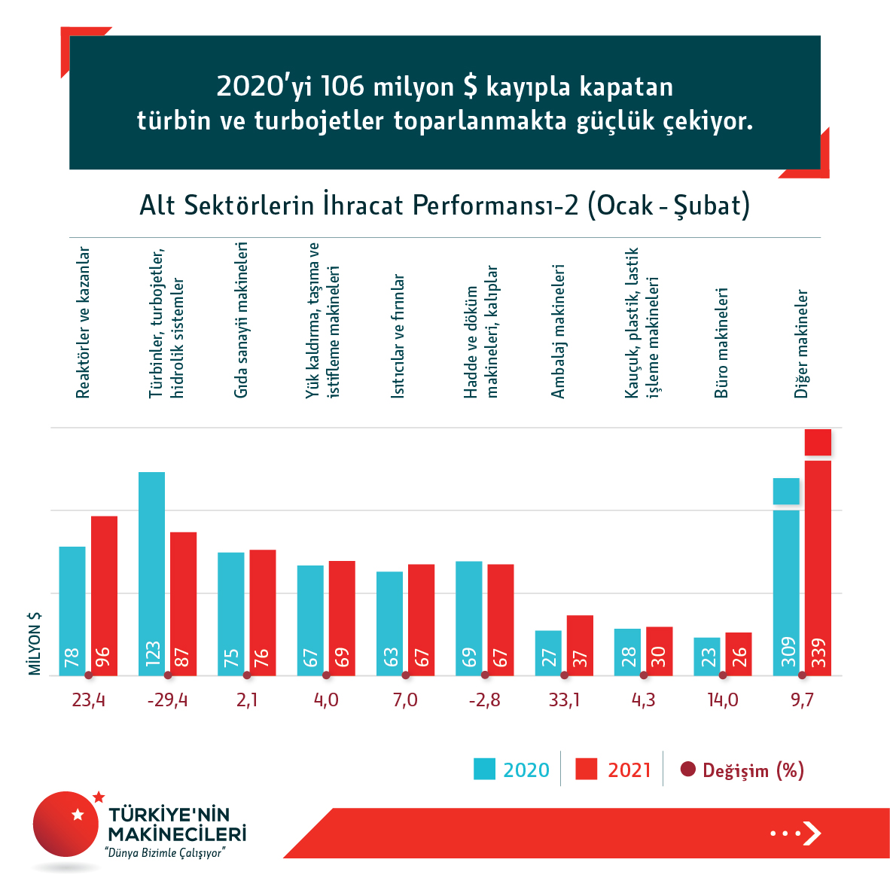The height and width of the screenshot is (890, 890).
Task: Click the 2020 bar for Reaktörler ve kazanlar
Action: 72,611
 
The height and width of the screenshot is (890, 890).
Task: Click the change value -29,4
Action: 167,700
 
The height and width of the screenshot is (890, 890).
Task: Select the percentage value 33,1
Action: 564,700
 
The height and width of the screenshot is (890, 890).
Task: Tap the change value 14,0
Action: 723,700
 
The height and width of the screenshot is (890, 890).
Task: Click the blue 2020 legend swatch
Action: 484,770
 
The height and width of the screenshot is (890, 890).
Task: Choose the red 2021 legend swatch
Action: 586,770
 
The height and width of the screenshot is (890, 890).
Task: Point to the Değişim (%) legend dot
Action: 687,770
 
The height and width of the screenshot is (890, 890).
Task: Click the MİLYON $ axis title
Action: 35,643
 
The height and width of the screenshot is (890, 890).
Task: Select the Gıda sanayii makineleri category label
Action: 241,320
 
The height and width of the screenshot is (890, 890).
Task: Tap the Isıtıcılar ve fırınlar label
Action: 398,336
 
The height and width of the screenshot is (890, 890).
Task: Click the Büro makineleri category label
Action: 721,343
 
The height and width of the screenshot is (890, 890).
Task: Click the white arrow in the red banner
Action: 811,833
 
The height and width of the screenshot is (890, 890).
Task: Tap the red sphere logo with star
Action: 66,824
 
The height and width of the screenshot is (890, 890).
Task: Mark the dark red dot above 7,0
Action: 406,675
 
